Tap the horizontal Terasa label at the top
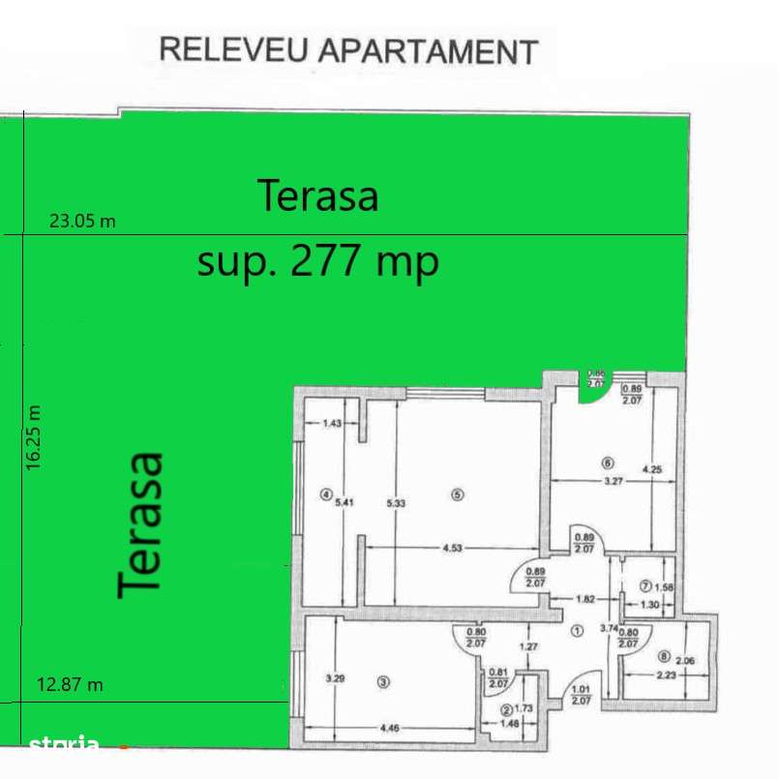coord(317,195)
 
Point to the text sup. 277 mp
coord(317,260)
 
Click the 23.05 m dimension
coord(82,221)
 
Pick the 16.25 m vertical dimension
coord(36,437)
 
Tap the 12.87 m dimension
coord(70,685)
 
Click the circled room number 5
coord(458,494)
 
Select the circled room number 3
coord(383,682)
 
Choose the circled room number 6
coord(607,462)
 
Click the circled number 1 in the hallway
coord(577,631)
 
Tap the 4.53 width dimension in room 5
coord(452,549)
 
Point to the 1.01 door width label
coord(582,690)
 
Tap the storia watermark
coord(64,743)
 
